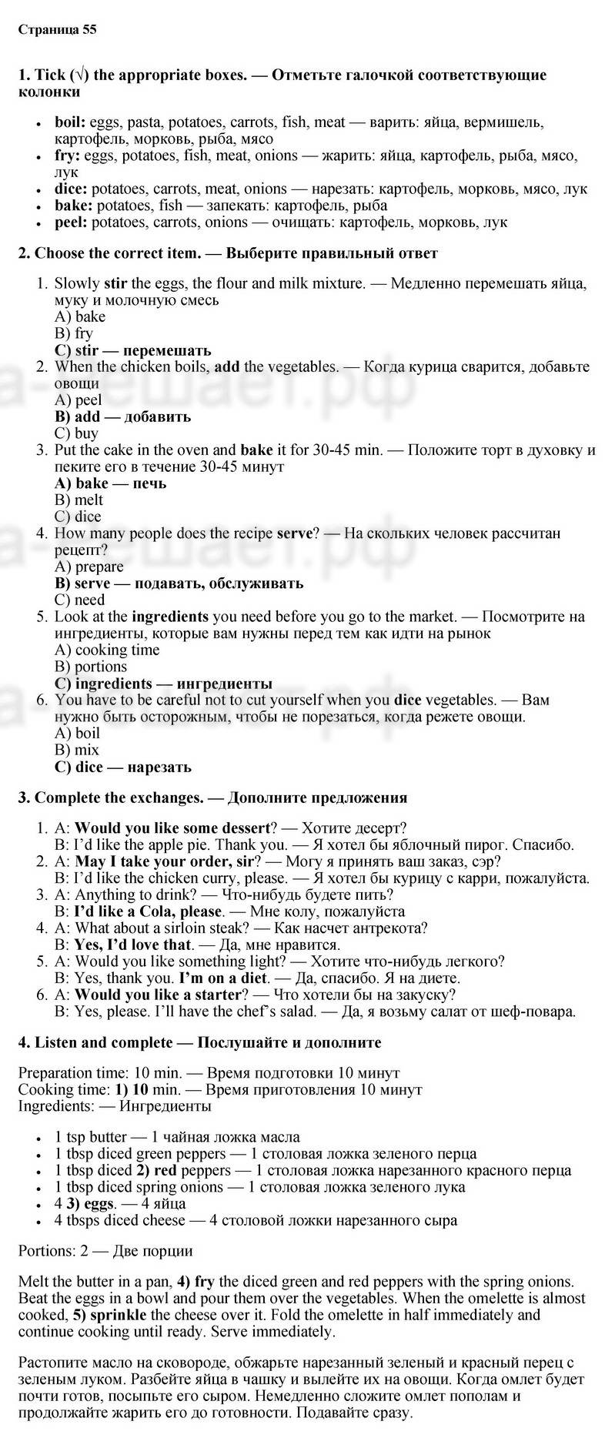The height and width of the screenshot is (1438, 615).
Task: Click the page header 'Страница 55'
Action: (57, 30)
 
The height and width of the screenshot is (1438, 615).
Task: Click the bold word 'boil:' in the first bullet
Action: (71, 122)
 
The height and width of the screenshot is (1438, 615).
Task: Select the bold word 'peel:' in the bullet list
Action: (72, 222)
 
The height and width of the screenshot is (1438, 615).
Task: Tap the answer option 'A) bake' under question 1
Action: (80, 316)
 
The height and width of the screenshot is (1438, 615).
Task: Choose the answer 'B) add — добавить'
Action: (122, 416)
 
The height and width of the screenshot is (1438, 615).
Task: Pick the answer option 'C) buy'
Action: (76, 433)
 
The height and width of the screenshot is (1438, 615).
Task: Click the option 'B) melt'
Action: (79, 500)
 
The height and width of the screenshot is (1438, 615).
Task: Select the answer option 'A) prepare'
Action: (89, 567)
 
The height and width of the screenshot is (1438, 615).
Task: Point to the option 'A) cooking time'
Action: (107, 650)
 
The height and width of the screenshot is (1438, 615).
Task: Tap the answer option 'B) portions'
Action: (91, 667)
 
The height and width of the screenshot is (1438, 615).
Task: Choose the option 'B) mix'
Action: (77, 750)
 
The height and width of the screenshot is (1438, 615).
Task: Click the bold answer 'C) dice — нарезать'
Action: (122, 767)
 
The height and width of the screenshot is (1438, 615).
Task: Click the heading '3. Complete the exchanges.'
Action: (110, 798)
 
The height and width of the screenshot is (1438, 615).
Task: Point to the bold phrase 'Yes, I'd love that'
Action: (132, 945)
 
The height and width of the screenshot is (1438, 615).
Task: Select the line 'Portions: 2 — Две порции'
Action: (105, 1251)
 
